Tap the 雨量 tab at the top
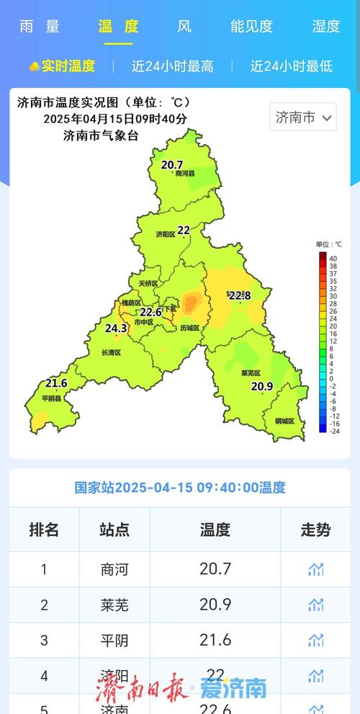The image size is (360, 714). click(x=40, y=27)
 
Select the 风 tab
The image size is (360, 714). click(x=184, y=27)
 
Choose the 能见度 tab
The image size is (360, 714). click(x=251, y=27)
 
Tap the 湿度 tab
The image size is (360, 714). click(x=325, y=27)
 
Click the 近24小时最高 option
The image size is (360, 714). click(x=172, y=66)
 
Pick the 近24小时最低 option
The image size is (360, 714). click(x=291, y=66)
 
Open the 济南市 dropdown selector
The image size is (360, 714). click(x=303, y=117)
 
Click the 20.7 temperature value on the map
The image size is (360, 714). click(x=172, y=165)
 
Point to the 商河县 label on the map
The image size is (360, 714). click(x=185, y=174)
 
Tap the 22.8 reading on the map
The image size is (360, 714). click(x=239, y=295)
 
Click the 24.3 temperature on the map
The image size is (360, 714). click(x=116, y=329)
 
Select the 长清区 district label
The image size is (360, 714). click(x=111, y=352)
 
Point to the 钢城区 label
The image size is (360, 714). click(x=284, y=421)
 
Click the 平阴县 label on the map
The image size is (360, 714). click(x=51, y=398)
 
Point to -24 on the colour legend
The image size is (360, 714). click(x=333, y=432)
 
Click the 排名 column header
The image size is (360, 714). click(x=44, y=530)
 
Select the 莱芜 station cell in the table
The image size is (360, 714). click(x=114, y=605)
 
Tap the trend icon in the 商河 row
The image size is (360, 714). click(x=315, y=569)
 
